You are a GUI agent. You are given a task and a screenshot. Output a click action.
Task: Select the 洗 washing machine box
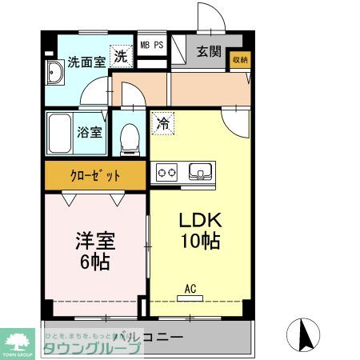pyautogui.click(x=119, y=56)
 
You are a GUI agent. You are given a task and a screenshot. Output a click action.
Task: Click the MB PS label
pyautogui.click(x=152, y=45)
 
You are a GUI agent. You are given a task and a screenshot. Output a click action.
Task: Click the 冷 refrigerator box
pyautogui.click(x=162, y=125)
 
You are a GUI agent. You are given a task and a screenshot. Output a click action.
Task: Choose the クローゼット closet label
pyautogui.click(x=94, y=174)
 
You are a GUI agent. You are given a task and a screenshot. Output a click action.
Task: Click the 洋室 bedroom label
pyautogui.click(x=94, y=240)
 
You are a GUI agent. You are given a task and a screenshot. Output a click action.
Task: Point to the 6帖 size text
pyautogui.click(x=94, y=261)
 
